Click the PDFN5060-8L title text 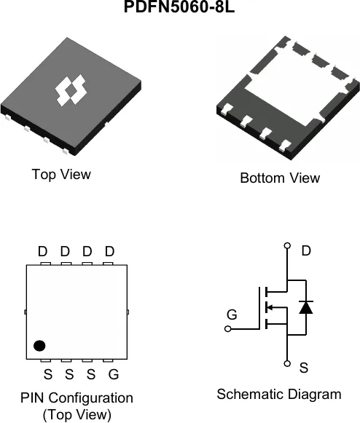(179, 7)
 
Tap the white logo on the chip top (71, 90)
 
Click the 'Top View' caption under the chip (61, 174)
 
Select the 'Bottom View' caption (280, 178)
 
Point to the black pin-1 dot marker (39, 346)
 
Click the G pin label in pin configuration (114, 374)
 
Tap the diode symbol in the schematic (306, 307)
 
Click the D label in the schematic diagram (306, 250)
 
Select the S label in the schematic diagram (304, 368)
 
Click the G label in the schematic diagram (232, 315)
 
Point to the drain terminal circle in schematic (288, 245)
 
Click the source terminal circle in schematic (287, 363)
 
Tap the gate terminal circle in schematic (228, 329)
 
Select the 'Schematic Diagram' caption (279, 394)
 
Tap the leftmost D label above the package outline (43, 251)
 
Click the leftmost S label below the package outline (48, 374)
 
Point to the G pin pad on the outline (108, 360)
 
